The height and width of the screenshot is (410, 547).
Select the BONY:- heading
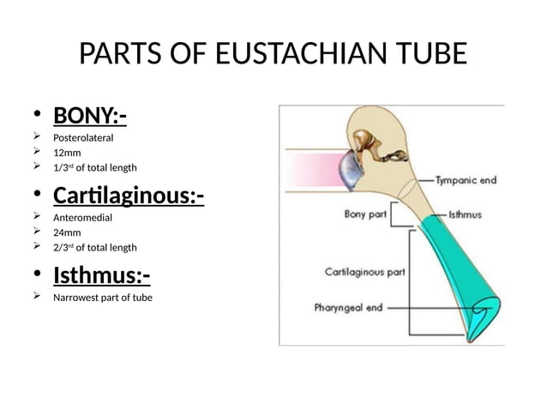pos(83,114)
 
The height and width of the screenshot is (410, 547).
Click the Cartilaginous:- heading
pos(128,196)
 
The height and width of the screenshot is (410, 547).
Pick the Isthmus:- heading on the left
pos(101,275)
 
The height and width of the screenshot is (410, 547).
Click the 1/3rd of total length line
pos(94,167)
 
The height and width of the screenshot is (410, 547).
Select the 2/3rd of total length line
pos(94,248)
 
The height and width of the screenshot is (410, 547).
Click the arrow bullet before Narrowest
pos(37,297)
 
